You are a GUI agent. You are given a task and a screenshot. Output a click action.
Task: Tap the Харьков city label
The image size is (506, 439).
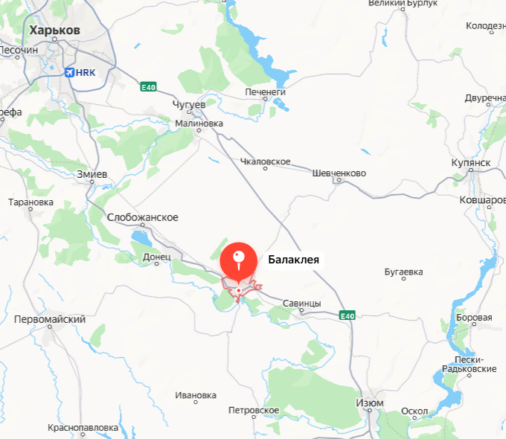pyautogui.click(x=54, y=31)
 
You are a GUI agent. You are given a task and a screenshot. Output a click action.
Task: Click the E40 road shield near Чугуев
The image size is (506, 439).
pyautogui.click(x=148, y=88)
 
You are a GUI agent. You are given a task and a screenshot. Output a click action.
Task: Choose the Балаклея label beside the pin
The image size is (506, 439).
pyautogui.click(x=294, y=260)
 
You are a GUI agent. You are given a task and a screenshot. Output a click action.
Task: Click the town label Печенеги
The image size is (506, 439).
pyautogui.click(x=266, y=92)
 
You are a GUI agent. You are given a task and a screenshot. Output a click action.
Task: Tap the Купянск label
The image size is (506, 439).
pyautogui.click(x=470, y=163)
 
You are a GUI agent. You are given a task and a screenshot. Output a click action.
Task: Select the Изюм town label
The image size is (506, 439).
pyautogui.click(x=370, y=403)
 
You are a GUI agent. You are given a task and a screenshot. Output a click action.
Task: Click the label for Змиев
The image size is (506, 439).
pyautogui.click(x=92, y=174)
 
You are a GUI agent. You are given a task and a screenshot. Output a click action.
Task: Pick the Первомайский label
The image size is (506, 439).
pyautogui.click(x=50, y=319)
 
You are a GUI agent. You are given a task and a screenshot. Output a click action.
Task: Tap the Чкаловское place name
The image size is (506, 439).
pyautogui.click(x=266, y=161)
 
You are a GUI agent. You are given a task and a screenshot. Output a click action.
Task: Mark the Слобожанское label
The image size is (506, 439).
pyautogui.click(x=143, y=217)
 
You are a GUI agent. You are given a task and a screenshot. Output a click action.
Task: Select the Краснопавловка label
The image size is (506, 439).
pyautogui.click(x=83, y=429)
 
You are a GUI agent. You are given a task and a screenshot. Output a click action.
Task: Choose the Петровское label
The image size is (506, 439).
pyautogui.click(x=254, y=411)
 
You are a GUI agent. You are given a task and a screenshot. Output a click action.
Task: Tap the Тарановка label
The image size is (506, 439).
pyautogui.click(x=31, y=202)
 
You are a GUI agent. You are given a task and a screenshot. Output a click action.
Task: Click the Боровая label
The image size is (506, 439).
pyautogui.click(x=474, y=318)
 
